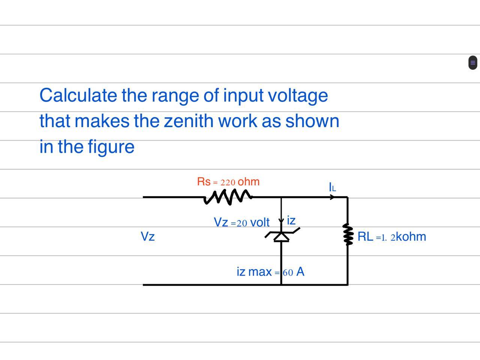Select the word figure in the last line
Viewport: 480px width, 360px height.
click(111, 147)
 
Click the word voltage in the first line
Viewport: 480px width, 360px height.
click(298, 95)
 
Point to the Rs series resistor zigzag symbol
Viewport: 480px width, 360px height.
click(228, 197)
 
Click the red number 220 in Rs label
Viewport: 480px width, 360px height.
click(228, 183)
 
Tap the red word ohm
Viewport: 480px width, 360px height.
click(249, 182)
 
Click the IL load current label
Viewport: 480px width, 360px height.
click(332, 187)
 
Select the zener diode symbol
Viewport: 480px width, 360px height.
click(281, 237)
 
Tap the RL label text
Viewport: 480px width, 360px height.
click(365, 237)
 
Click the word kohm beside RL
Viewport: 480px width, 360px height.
click(411, 237)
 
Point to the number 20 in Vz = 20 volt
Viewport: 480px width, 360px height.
click(241, 223)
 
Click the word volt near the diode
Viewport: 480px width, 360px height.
click(259, 222)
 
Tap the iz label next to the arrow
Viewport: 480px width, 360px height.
click(291, 220)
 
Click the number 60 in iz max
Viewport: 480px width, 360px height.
click(288, 273)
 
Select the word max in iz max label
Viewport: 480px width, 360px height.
click(260, 272)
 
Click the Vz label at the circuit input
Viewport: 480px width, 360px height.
click(147, 237)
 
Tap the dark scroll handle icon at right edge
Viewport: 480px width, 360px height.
click(472, 63)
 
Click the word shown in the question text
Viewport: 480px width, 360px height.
click(312, 121)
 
